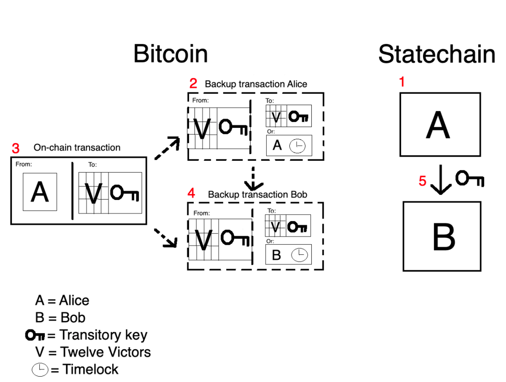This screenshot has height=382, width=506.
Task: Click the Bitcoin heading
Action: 171,54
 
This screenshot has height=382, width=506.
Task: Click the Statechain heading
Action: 437,54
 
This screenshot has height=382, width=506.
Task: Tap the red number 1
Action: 402,82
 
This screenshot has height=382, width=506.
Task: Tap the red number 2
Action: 193,83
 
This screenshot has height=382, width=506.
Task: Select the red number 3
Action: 16,148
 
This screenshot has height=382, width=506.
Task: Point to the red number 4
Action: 191,193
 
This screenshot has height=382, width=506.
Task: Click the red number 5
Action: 422,181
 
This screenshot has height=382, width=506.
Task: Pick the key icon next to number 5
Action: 470,178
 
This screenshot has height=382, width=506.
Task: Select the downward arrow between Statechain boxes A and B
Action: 441,180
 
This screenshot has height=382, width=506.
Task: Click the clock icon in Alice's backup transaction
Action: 297,146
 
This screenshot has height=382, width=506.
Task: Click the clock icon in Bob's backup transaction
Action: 299,255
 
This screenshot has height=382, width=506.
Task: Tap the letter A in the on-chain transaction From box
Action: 40,192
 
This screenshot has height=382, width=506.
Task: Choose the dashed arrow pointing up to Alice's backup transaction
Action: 167,148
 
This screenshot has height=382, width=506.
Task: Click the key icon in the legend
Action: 35,335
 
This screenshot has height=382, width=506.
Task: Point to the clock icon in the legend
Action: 40,370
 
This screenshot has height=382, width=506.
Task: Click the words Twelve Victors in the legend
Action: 106,352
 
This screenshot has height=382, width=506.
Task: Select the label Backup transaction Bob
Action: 257,195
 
